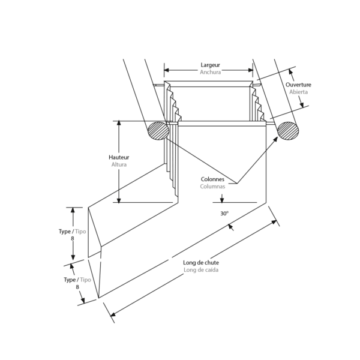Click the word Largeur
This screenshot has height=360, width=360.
pyautogui.click(x=211, y=65)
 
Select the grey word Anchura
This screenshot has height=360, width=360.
pyautogui.click(x=211, y=73)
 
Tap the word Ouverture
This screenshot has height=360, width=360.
pyautogui.click(x=298, y=85)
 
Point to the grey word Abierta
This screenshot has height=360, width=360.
pyautogui.click(x=298, y=92)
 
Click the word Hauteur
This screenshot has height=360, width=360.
pyautogui.click(x=119, y=157)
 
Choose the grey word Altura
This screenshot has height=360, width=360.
pyautogui.click(x=119, y=164)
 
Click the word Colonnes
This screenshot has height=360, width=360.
pyautogui.click(x=212, y=179)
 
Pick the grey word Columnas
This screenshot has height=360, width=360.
pyautogui.click(x=212, y=187)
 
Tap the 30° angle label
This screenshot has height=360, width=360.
pyautogui.click(x=224, y=214)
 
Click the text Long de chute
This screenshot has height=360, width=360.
pyautogui.click(x=201, y=262)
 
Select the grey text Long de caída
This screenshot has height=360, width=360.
pyautogui.click(x=201, y=270)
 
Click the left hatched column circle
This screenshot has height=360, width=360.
pyautogui.click(x=158, y=131)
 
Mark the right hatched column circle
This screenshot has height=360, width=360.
pyautogui.click(x=288, y=131)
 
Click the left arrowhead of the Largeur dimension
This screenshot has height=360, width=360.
pyautogui.click(x=166, y=70)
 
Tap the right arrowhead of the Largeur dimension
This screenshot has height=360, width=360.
pyautogui.click(x=250, y=70)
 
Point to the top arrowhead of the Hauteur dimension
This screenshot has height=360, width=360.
pyautogui.click(x=119, y=122)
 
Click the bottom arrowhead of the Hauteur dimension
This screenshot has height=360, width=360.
pyautogui.click(x=119, y=200)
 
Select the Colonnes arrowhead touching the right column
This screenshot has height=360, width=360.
pyautogui.click(x=275, y=139)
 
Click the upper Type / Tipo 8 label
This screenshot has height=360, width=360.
pyautogui.click(x=73, y=235)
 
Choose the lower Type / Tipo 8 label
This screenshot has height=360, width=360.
pyautogui.click(x=77, y=283)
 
